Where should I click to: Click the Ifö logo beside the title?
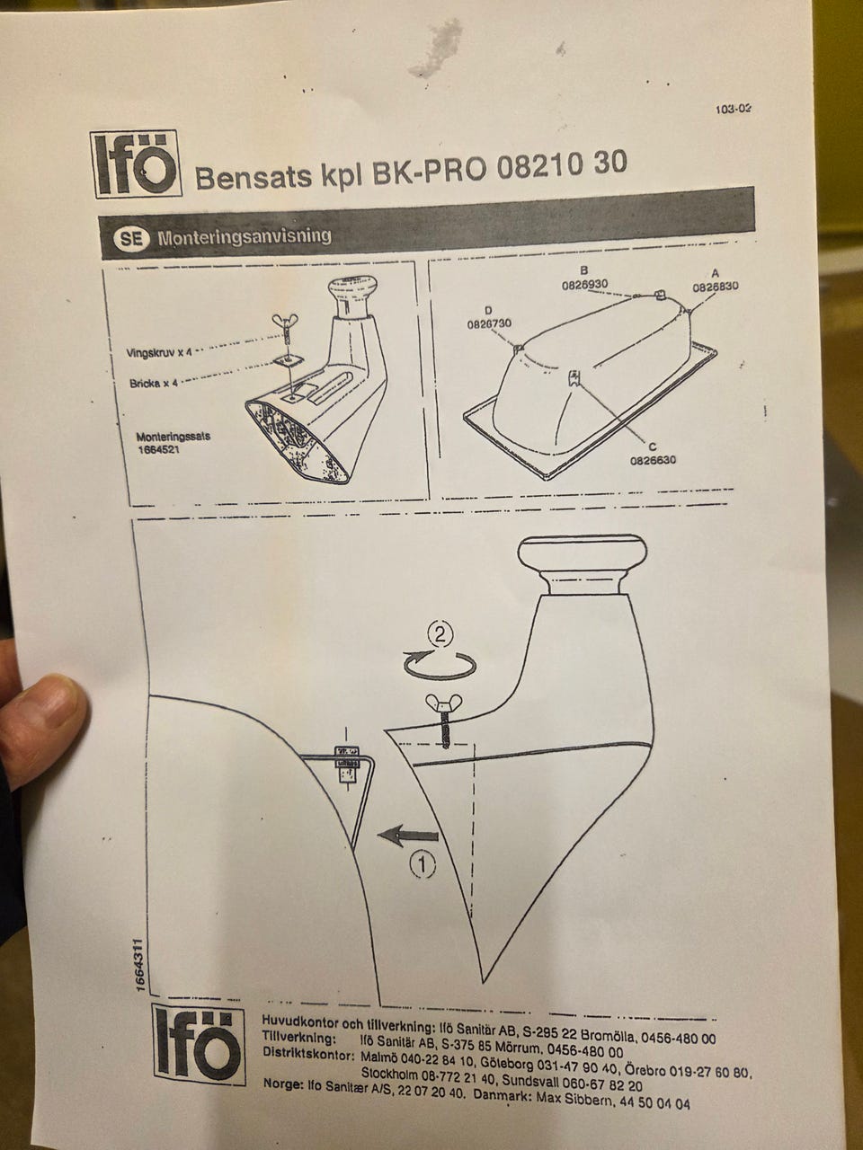click(x=137, y=164)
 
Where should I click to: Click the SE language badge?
click(x=130, y=239)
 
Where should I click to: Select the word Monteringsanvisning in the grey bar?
click(x=245, y=237)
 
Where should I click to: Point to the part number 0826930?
click(x=584, y=285)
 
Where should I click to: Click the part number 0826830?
click(x=716, y=287)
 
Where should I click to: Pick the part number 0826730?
click(x=489, y=323)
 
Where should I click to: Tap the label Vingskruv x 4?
click(x=157, y=352)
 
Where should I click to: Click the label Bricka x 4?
click(x=154, y=383)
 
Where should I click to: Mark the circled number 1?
click(x=423, y=864)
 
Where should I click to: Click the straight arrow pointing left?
click(x=408, y=836)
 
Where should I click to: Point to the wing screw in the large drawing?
click(x=444, y=720)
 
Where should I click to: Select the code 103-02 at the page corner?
click(x=733, y=109)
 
